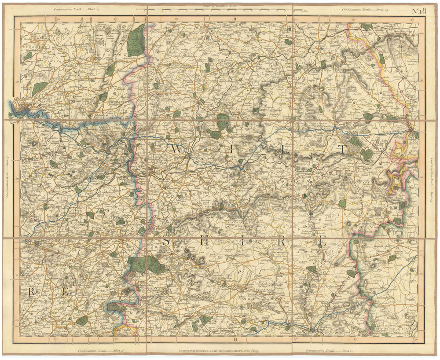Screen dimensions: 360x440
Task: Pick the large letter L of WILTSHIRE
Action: tap(284, 150)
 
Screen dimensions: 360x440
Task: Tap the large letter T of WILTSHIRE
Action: tap(341, 150)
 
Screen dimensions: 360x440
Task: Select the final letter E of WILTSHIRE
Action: tap(322, 241)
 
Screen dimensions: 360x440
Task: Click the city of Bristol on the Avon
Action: tap(21, 107)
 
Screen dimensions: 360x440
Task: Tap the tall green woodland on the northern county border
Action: tap(137, 40)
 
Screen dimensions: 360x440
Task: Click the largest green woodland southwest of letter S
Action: tap(145, 264)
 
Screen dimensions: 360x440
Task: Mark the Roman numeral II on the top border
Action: tap(235, 19)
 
